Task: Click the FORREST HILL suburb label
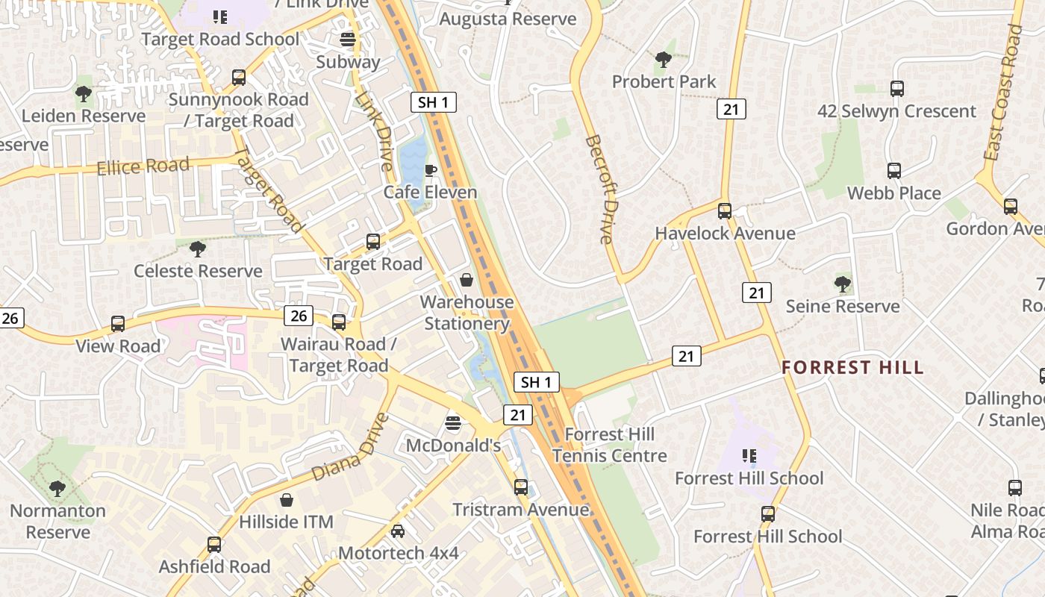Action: (x=852, y=367)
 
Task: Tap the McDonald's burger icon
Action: (x=453, y=424)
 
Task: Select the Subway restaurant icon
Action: (x=347, y=40)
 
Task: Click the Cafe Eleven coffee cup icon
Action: (x=430, y=170)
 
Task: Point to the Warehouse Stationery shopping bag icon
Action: (x=467, y=280)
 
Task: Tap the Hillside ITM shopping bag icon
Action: (x=286, y=500)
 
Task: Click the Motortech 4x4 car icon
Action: (x=398, y=531)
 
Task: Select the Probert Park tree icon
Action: (x=663, y=60)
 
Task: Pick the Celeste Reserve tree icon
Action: (x=198, y=249)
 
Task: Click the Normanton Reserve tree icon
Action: (x=57, y=489)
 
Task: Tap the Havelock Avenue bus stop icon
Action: (x=725, y=211)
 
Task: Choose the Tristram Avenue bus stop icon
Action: (x=521, y=487)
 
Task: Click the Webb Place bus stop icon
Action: (x=894, y=171)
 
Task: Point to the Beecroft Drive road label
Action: (x=599, y=190)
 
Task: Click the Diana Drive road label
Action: (x=350, y=447)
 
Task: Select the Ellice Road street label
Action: (x=143, y=166)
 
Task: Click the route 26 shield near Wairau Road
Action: (x=299, y=316)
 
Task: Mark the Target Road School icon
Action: (x=219, y=16)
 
